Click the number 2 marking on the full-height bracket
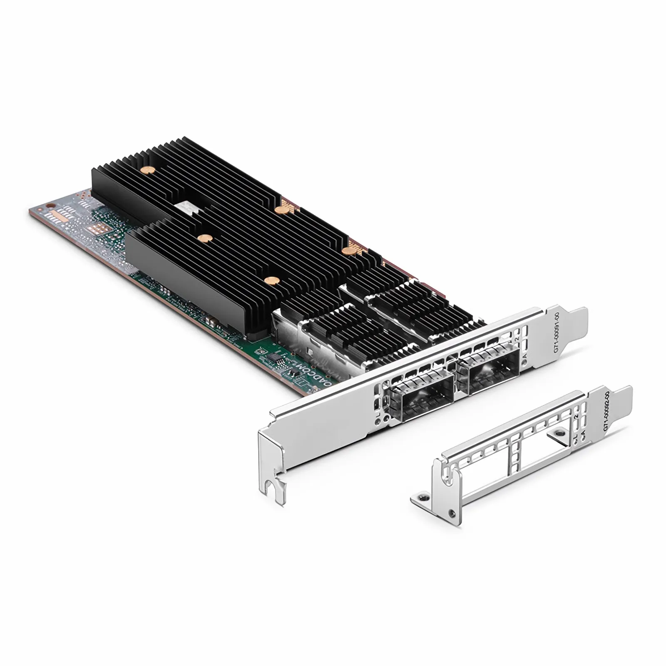(517, 339)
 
